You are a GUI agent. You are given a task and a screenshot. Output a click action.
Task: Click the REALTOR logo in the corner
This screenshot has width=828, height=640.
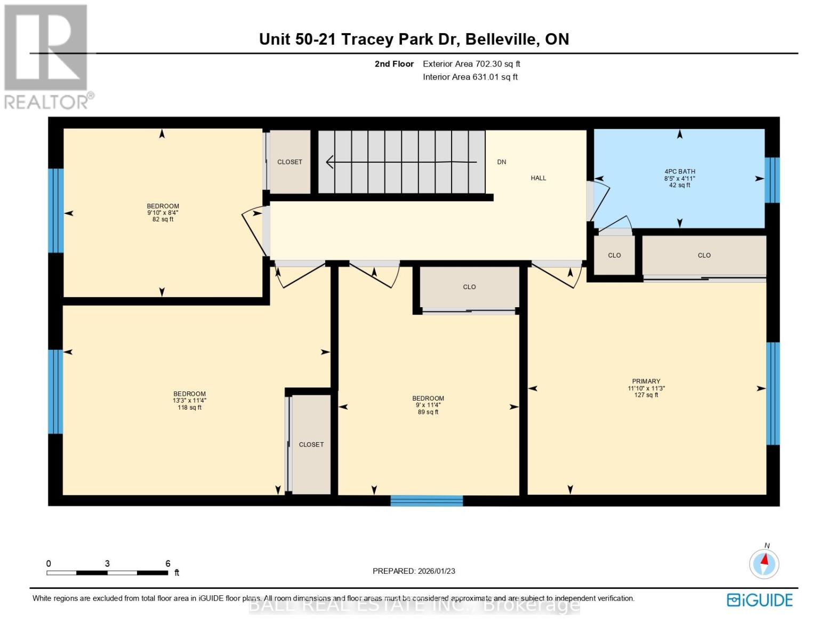point(47,56)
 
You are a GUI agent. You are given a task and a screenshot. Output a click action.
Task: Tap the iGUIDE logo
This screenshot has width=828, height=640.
point(759,600)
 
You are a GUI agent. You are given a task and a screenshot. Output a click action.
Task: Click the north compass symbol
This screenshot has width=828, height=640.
point(764,563)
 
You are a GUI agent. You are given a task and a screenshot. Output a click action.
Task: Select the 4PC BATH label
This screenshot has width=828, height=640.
point(679,172)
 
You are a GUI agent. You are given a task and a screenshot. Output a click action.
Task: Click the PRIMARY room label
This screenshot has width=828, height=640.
point(646,381)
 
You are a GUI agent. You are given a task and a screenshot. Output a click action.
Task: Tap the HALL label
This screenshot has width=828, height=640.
point(538,178)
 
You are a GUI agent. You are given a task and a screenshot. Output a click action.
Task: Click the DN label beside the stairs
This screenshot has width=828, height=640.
point(501,162)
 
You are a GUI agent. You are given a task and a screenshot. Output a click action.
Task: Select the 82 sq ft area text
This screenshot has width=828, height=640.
point(163,219)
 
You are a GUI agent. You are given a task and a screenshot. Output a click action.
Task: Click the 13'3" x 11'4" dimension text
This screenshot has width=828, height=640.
point(189,401)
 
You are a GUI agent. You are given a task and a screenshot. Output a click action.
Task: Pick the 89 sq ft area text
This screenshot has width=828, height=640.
point(428,412)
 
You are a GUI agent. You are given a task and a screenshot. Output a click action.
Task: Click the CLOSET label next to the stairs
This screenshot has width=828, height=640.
point(290,162)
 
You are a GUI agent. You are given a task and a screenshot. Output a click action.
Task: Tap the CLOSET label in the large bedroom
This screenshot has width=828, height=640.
point(311,444)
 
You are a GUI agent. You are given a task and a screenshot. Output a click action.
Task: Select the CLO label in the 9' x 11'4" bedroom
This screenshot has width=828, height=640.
point(469,287)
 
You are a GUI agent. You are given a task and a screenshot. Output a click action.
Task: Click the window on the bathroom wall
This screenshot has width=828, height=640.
point(772,180)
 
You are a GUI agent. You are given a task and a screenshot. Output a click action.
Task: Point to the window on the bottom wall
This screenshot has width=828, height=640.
point(427,500)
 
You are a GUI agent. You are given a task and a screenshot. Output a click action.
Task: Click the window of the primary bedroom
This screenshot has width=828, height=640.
point(773,394)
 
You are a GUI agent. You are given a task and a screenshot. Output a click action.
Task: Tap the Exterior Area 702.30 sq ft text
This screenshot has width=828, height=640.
point(471,64)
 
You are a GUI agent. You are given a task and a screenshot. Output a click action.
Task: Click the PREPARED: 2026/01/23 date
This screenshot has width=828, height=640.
point(414,571)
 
